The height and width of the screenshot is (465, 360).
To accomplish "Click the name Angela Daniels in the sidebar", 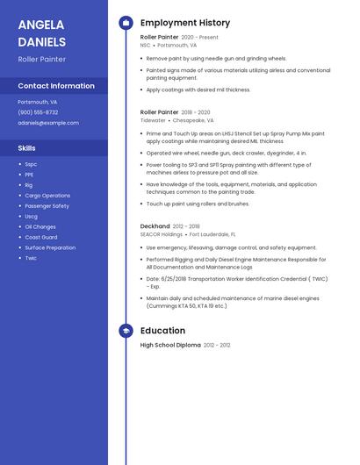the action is tap(41, 32).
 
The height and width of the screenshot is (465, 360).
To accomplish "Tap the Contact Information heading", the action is tap(56, 86).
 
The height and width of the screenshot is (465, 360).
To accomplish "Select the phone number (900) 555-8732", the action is tap(38, 112).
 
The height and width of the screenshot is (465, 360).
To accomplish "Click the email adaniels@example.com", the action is tap(48, 123).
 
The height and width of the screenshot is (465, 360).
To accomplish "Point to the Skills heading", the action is tap(27, 148).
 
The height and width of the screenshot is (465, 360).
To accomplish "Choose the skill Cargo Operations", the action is tap(47, 196).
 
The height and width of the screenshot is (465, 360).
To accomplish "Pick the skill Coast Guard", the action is tap(41, 237).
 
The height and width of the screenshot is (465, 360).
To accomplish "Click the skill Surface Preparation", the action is tap(50, 247).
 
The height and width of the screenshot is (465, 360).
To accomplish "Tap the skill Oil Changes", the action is tap(40, 226).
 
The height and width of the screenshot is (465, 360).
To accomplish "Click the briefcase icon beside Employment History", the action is tap(126, 23).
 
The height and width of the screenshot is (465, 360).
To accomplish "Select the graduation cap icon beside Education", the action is tap(126, 331).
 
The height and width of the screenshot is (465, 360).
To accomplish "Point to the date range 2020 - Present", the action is tap(200, 38).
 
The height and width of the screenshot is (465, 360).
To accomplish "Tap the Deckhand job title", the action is tap(155, 226).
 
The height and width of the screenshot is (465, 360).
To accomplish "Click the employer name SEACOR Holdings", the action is tap(162, 234).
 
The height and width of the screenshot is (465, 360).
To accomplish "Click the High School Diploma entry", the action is tap(170, 346).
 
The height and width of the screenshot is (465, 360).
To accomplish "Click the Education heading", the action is tap(162, 331).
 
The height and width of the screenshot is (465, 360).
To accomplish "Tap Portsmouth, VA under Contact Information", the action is tap(38, 102).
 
